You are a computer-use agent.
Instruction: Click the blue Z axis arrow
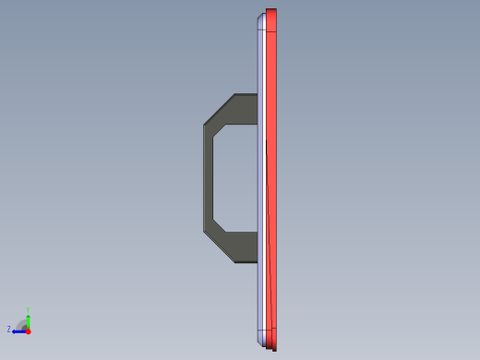(19, 330)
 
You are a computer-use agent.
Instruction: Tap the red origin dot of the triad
(28, 330)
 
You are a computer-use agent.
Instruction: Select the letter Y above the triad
(29, 310)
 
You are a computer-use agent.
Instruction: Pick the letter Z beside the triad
(9, 329)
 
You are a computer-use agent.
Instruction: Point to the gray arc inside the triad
(22, 324)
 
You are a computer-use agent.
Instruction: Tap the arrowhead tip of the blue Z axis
(13, 330)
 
